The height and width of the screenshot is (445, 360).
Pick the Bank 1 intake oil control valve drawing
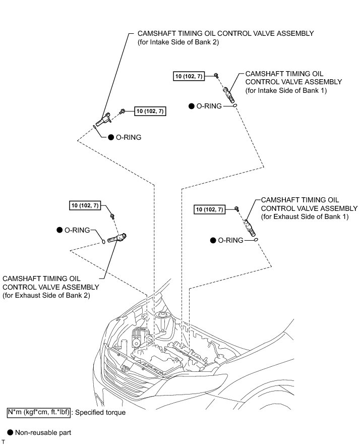[228, 92]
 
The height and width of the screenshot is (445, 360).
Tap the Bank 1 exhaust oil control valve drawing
[249, 224]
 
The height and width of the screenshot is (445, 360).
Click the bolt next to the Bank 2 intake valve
[123, 111]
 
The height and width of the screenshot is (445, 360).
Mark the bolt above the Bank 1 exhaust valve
[236, 209]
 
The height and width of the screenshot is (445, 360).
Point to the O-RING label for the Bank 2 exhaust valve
[77, 230]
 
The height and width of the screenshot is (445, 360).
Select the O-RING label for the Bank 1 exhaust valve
[229, 240]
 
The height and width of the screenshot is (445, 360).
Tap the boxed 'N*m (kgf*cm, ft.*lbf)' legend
[38, 412]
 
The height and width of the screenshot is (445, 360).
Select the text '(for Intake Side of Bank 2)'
[181, 42]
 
